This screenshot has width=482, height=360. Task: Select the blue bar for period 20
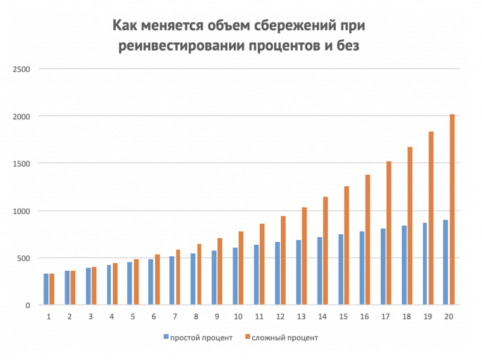(446, 262)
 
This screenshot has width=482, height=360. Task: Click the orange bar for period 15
(346, 246)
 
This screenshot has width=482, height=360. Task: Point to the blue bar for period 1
(46, 289)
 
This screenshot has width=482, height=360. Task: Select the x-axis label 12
(280, 317)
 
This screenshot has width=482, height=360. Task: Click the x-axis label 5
(133, 317)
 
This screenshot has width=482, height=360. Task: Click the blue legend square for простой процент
(166, 338)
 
